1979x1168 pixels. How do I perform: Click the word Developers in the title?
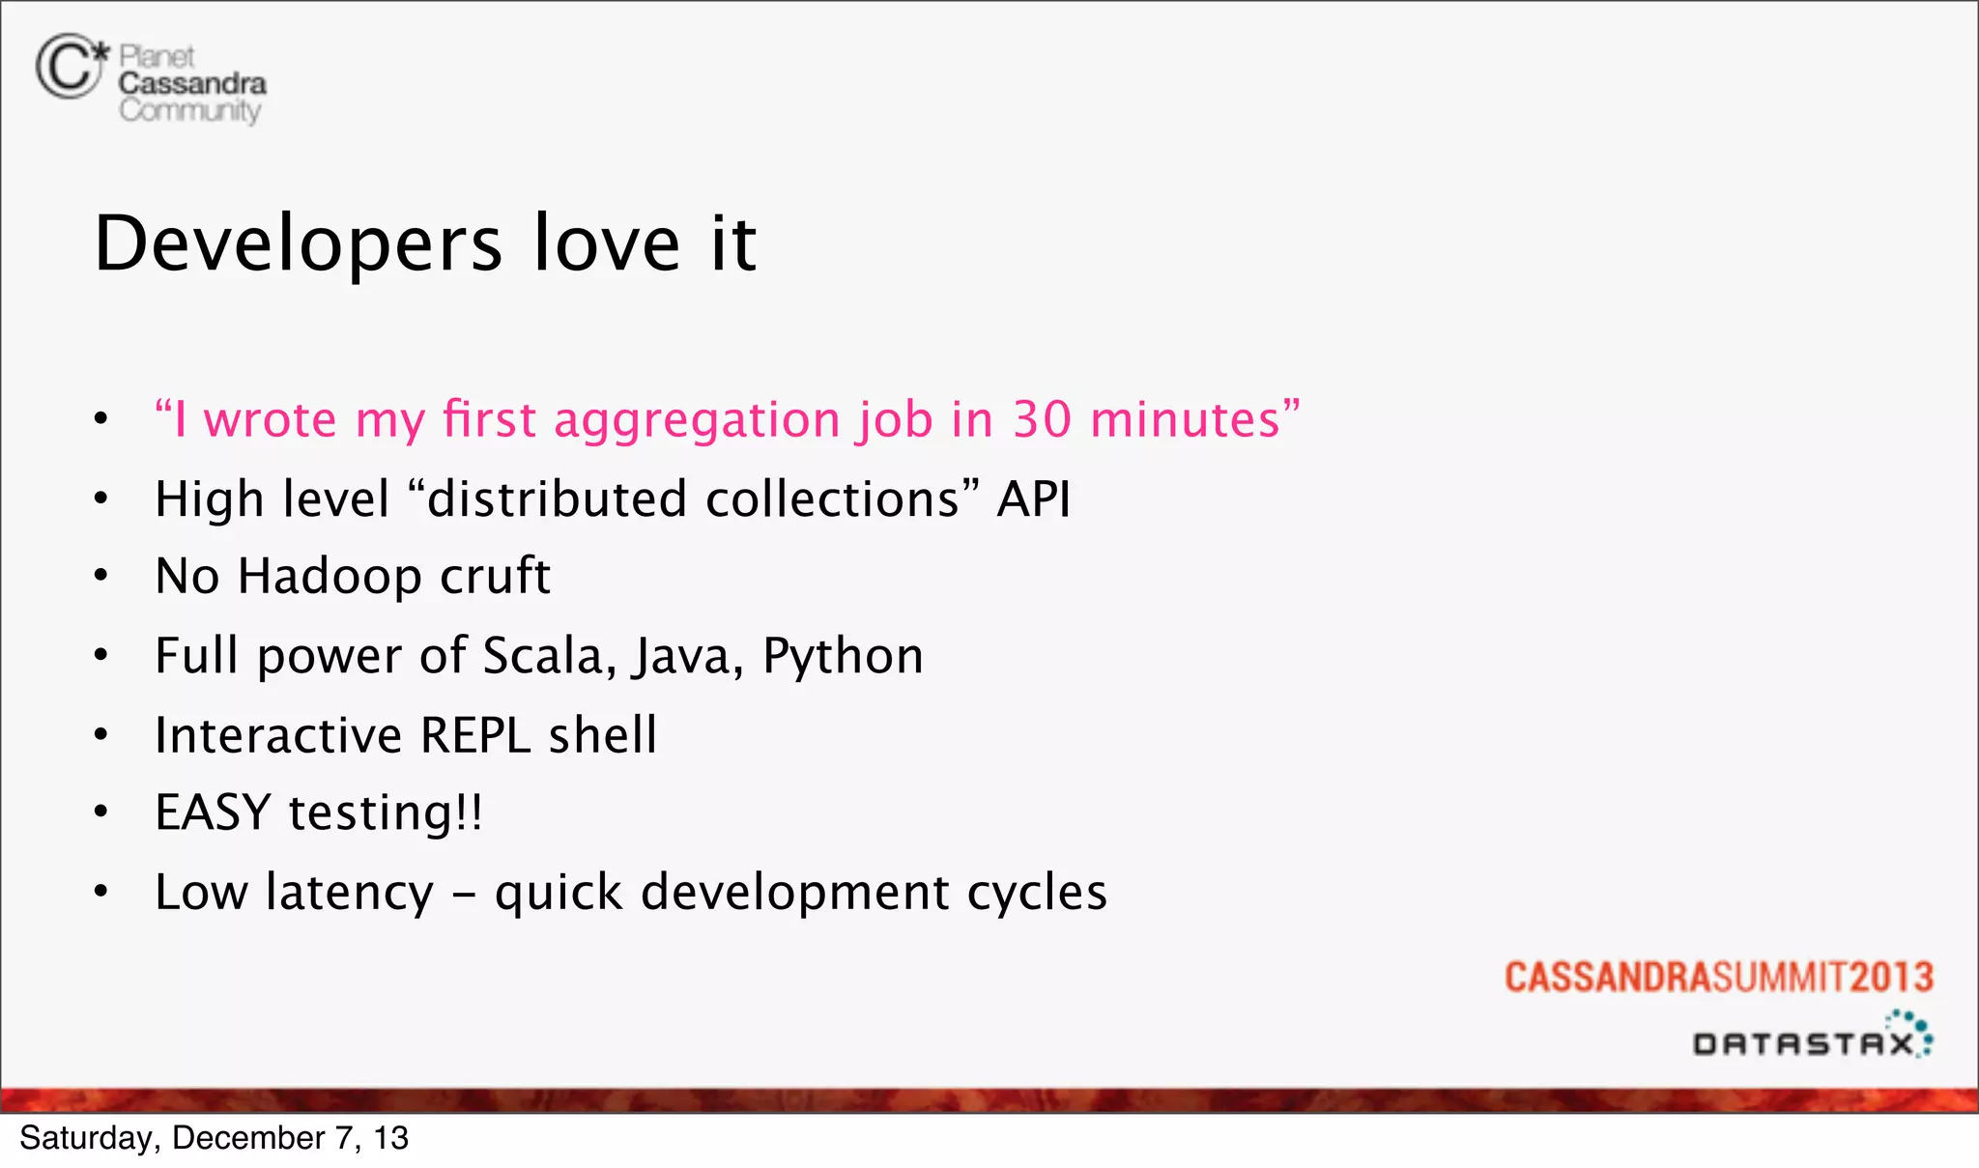pos(298,243)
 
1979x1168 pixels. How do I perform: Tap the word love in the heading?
pos(607,243)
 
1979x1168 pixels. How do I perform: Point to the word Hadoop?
pos(330,577)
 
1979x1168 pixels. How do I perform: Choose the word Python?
pos(843,657)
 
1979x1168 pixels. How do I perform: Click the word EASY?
pos(213,812)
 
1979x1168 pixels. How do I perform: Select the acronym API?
pos(1033,499)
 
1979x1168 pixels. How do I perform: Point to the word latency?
pos(350,892)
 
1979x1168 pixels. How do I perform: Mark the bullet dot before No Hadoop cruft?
pos(101,577)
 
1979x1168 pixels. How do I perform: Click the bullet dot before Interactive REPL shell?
pos(101,735)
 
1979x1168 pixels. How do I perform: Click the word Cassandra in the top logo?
pos(192,84)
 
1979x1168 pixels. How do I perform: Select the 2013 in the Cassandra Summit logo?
pos(1891,978)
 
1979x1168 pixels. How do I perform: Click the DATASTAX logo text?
pos(1803,1043)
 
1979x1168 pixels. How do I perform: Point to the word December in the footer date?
pos(247,1138)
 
